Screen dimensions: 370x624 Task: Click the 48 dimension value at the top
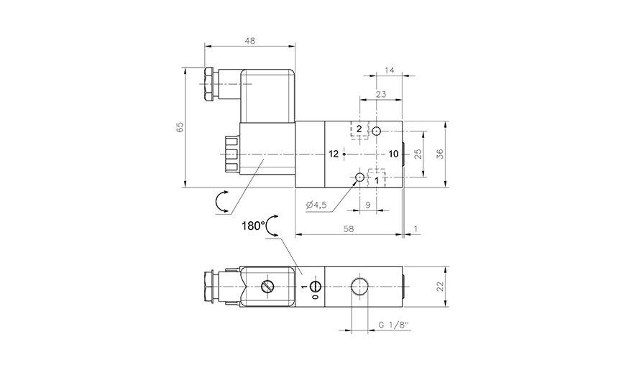pyautogui.click(x=250, y=41)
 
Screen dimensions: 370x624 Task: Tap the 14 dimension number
pyautogui.click(x=390, y=70)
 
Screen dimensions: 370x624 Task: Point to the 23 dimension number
pyautogui.click(x=380, y=93)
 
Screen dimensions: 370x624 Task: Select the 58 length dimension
pyautogui.click(x=349, y=228)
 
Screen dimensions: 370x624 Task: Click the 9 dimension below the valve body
pyautogui.click(x=367, y=205)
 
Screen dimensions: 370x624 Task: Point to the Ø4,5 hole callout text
pyautogui.click(x=316, y=205)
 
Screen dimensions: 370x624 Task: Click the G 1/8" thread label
pyautogui.click(x=393, y=326)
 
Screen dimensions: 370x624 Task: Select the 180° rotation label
pyautogui.click(x=253, y=225)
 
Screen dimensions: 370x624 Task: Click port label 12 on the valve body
pyautogui.click(x=334, y=154)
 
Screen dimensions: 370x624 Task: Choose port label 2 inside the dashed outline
pyautogui.click(x=359, y=129)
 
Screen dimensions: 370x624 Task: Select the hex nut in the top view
pyautogui.click(x=209, y=85)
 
